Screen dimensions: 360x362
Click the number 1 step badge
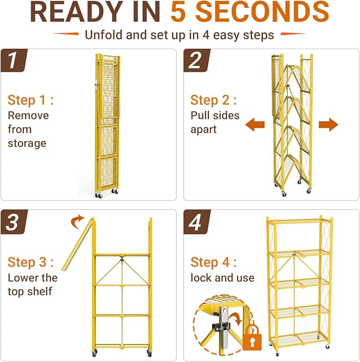click(x=14, y=61)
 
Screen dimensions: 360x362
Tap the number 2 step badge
click(x=197, y=61)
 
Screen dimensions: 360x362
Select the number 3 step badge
click(x=14, y=222)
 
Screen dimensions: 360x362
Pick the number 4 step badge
click(x=197, y=222)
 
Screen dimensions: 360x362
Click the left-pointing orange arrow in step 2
click(x=255, y=125)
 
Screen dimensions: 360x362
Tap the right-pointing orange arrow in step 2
click(x=329, y=125)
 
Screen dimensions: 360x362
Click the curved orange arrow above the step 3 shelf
click(x=77, y=222)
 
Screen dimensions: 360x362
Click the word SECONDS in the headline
click(x=262, y=12)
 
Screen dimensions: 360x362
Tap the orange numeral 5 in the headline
click(x=178, y=12)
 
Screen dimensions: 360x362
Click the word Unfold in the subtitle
click(x=104, y=35)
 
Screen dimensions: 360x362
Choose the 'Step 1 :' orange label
click(x=30, y=100)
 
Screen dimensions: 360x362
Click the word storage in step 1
click(x=27, y=144)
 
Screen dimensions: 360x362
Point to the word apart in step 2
click(x=204, y=130)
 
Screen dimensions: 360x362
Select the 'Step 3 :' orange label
click(x=30, y=262)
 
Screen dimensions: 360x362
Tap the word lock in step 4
click(x=200, y=278)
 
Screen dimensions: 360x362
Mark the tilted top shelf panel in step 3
click(x=78, y=244)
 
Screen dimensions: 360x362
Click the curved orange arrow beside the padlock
click(x=236, y=320)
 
